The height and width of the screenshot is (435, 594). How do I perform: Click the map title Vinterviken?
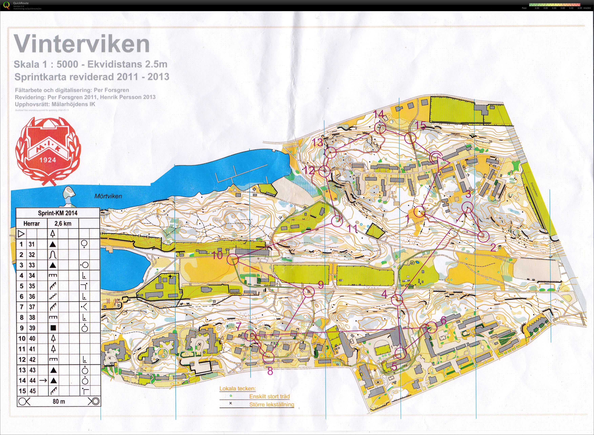click(82, 44)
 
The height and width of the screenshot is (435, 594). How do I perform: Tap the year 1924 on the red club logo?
click(48, 160)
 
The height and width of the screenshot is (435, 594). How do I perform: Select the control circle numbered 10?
click(232, 259)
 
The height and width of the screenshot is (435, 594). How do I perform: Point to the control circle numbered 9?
click(309, 292)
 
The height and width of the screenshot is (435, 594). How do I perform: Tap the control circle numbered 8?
click(269, 357)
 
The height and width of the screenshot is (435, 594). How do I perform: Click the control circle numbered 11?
click(337, 221)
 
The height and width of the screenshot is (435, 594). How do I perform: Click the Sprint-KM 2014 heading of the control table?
click(58, 213)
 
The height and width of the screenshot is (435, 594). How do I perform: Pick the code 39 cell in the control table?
click(32, 328)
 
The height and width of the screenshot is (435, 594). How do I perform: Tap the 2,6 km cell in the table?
click(63, 224)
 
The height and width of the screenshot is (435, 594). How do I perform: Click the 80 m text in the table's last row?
click(59, 401)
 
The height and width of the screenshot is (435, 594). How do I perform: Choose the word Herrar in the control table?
click(32, 224)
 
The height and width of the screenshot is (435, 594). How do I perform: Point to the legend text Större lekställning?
click(271, 404)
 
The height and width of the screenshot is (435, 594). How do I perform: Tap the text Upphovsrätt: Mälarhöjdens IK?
click(55, 104)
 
